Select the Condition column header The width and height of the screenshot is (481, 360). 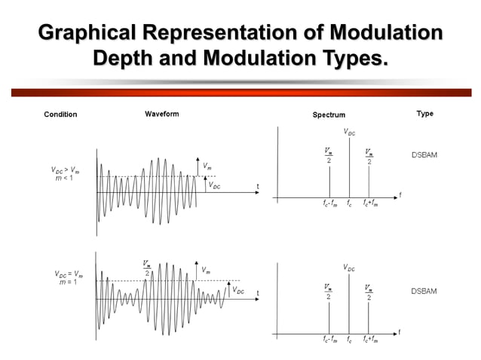click(x=60, y=114)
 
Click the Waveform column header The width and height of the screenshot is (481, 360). click(x=161, y=114)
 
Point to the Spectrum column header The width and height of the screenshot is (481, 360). click(x=329, y=114)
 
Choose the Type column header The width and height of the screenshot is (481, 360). click(x=424, y=114)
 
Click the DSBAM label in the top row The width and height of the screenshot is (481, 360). click(x=424, y=155)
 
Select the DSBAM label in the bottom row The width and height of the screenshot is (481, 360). click(x=424, y=291)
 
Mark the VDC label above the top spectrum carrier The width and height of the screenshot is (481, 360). click(x=350, y=133)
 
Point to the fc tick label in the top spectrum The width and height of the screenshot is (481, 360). click(x=349, y=203)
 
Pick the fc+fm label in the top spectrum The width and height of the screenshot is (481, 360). click(x=370, y=203)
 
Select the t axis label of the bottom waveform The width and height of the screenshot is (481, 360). click(x=257, y=293)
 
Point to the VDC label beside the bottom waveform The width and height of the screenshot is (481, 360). click(x=238, y=290)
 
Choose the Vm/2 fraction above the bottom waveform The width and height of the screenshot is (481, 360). click(x=147, y=268)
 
